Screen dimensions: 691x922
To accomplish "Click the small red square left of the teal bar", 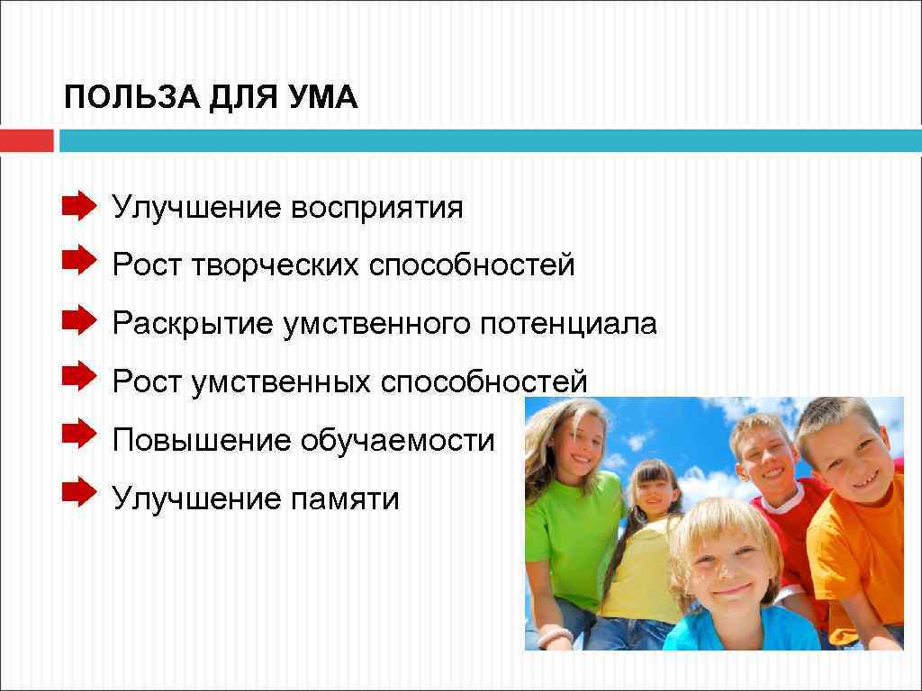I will point(26,141).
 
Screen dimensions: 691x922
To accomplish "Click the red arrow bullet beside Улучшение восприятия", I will point(78,206).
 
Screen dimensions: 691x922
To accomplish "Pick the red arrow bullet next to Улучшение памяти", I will point(78,491).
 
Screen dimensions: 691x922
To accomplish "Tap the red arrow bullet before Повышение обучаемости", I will point(78,434).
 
